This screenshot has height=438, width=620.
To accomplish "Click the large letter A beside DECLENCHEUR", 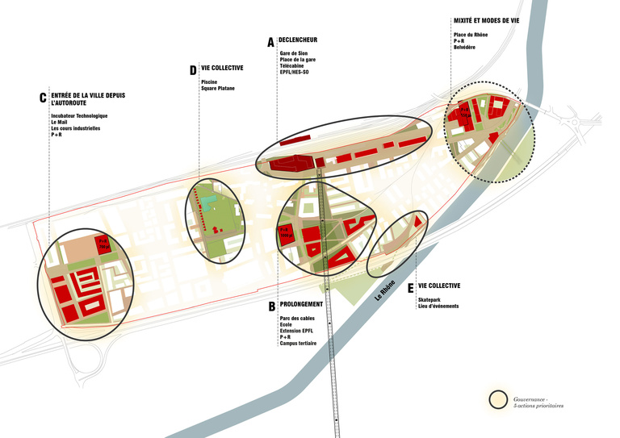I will (x=270, y=41).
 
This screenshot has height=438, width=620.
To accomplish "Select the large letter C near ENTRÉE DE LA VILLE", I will (x=42, y=98).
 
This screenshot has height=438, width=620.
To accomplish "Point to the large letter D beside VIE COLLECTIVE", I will (x=193, y=71).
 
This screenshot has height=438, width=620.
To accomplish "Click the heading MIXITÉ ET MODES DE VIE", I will (x=492, y=20).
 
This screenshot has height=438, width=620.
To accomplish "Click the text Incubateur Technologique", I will (x=79, y=116).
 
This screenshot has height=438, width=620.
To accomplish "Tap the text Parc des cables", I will (x=295, y=318).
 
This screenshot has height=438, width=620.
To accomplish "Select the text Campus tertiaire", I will (x=298, y=344).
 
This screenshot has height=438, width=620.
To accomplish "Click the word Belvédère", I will (x=464, y=48).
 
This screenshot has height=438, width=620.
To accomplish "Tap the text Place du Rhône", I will (x=470, y=35).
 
